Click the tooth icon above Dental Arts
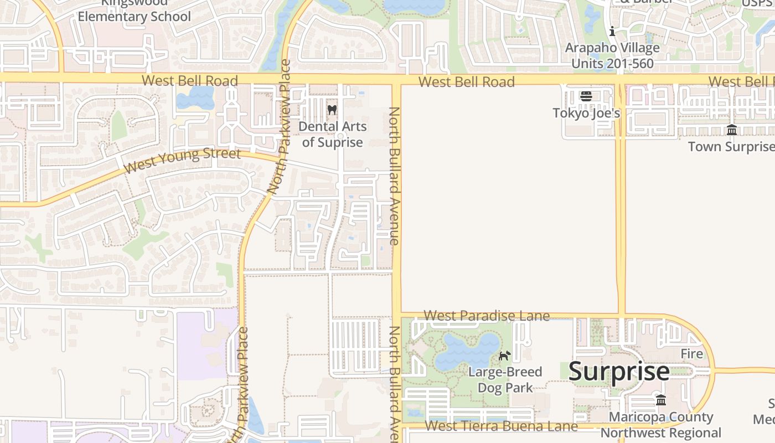pos(332,110)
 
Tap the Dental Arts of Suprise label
pos(332,135)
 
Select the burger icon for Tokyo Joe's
pos(586,96)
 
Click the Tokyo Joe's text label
pos(586,113)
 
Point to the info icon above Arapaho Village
pos(612,32)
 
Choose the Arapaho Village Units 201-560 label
pos(612,55)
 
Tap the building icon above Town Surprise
pos(732,130)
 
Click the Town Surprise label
pos(731,147)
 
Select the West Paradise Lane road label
pos(487,316)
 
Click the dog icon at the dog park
pos(504,356)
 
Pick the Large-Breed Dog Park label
pos(505,379)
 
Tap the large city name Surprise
pos(619,372)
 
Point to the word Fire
pos(691,354)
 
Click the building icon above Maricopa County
pos(661,400)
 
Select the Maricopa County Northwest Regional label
pos(661,425)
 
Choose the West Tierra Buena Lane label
pos(502,426)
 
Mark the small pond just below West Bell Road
pos(195,99)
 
